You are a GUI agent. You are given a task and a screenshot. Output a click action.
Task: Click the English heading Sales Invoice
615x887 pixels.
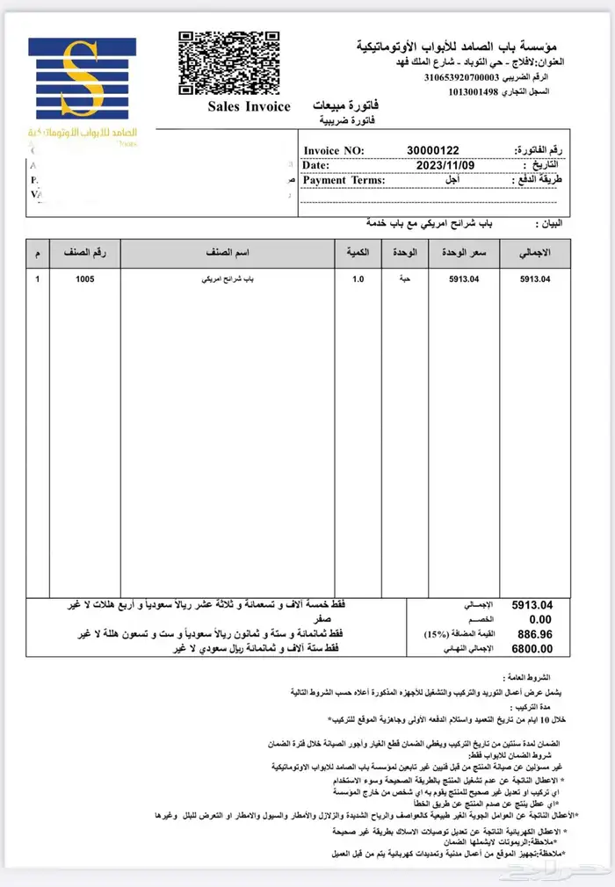click(249, 107)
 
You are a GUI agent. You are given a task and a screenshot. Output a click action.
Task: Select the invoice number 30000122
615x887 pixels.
click(432, 151)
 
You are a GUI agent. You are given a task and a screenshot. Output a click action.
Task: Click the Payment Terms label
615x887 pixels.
click(344, 180)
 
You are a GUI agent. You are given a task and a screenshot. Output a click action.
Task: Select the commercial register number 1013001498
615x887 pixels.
click(485, 92)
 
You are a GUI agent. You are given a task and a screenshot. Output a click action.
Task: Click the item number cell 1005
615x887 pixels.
click(84, 279)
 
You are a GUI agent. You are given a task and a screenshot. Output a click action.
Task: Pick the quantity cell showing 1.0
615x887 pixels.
click(358, 279)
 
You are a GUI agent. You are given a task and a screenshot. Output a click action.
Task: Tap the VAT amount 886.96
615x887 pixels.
click(535, 634)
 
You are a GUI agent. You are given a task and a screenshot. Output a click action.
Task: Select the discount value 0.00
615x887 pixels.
click(539, 619)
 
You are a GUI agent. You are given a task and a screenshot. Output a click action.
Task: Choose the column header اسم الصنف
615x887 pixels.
click(227, 253)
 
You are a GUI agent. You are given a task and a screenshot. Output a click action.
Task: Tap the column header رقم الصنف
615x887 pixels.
click(84, 253)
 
